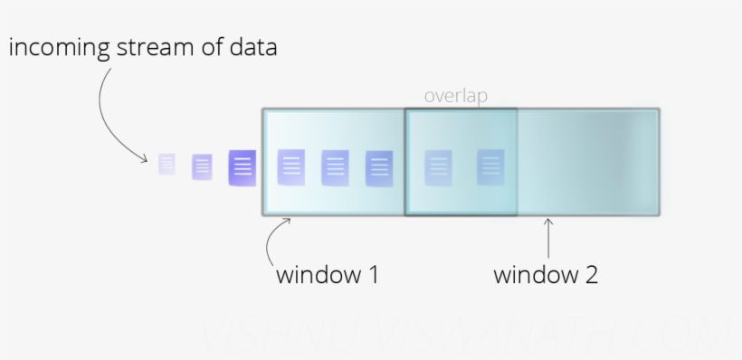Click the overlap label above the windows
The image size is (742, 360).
tap(456, 95)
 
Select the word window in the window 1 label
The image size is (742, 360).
tap(316, 274)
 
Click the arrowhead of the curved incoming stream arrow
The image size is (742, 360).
tap(146, 159)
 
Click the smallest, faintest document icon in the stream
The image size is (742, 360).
tap(167, 164)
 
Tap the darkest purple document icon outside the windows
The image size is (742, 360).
tap(242, 167)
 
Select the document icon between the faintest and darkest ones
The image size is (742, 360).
tap(203, 166)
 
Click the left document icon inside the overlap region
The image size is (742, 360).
tap(439, 167)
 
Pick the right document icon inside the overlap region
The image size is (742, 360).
tap(490, 166)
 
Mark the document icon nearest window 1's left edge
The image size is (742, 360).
tap(290, 167)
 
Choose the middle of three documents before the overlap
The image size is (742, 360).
tap(335, 167)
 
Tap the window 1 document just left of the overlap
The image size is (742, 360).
tap(379, 168)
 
